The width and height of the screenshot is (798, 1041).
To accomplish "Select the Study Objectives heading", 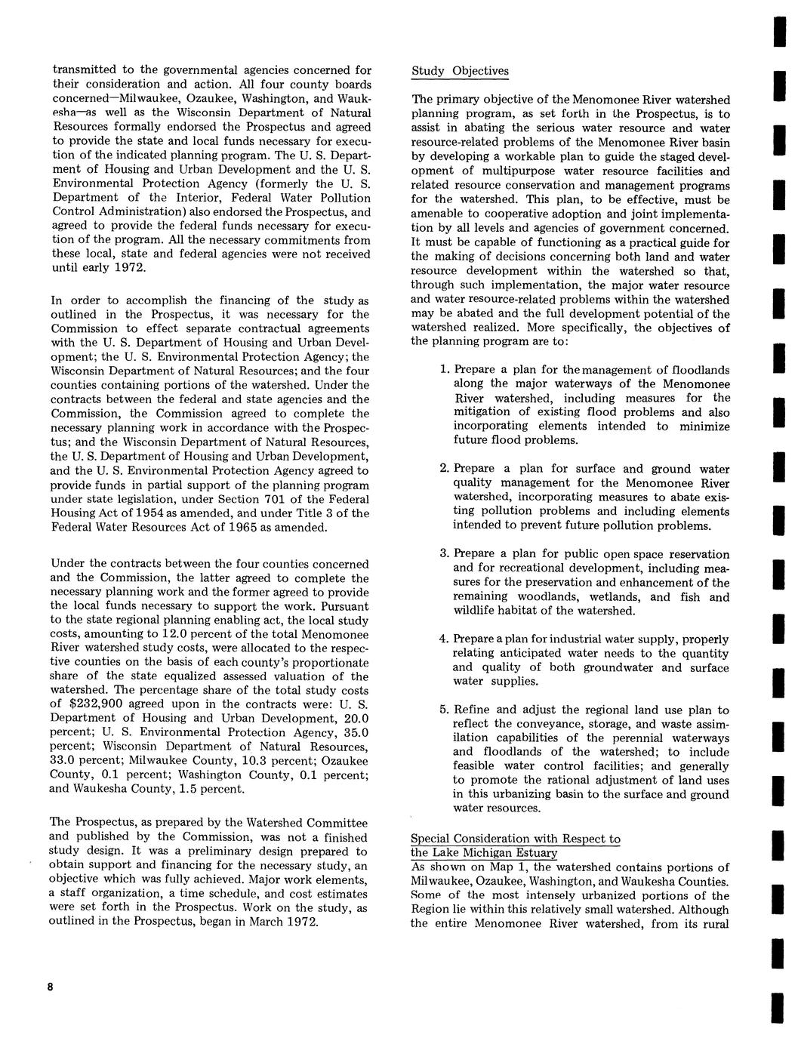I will click(460, 71).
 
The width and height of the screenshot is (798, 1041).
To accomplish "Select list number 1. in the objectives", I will click(445, 370).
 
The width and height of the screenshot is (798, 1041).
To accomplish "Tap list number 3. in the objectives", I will click(445, 554).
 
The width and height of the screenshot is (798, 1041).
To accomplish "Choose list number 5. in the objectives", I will click(445, 710).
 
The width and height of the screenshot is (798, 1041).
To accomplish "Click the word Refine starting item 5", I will click(473, 710).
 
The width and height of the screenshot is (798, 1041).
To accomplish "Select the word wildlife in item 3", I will click(473, 611).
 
